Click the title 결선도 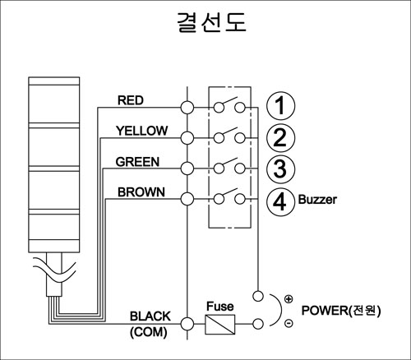tap(211, 22)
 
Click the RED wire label tap(131, 100)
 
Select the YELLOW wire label tap(141, 131)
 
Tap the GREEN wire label tap(137, 162)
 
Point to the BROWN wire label tap(141, 192)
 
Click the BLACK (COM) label tap(150, 324)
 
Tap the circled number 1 tap(280, 106)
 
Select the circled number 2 tap(280, 137)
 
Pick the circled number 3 tap(280, 168)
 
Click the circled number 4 tap(280, 201)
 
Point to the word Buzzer tap(317, 200)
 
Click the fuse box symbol tap(220, 325)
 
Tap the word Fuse tap(220, 307)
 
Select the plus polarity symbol tap(289, 299)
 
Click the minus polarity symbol tap(289, 323)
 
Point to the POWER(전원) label tap(341, 311)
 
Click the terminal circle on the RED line tap(187, 107)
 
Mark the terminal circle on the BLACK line tap(187, 324)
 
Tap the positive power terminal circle tap(258, 296)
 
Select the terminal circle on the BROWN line tap(187, 199)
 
